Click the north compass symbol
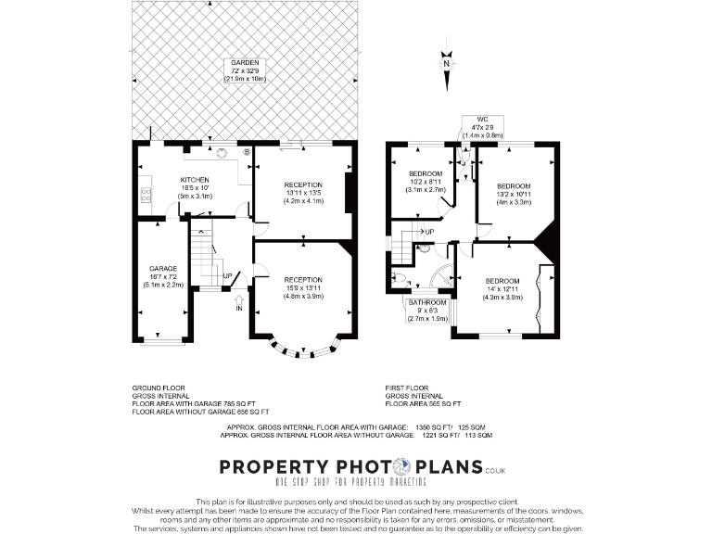pos(446,64)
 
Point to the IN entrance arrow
pos(240,302)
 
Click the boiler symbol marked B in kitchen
pos(246,152)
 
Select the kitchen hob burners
pos(146,195)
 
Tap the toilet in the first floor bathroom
pos(400,277)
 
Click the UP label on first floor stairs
pos(428,232)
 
